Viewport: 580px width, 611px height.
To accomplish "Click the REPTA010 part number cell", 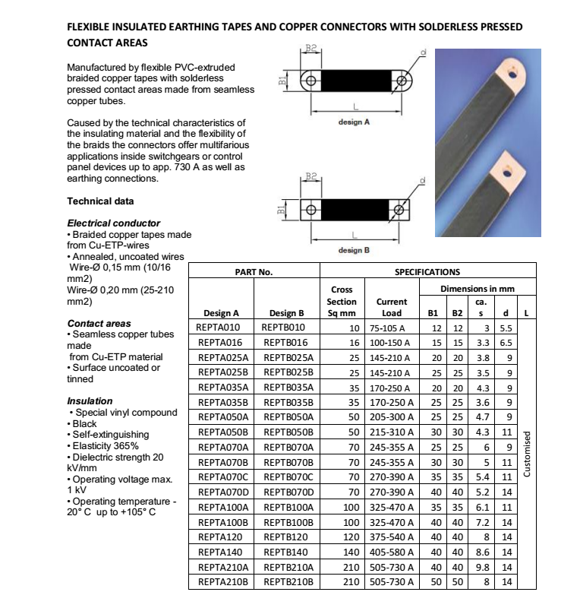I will (219, 327).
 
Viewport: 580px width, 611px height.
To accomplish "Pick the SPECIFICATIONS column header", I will (428, 271).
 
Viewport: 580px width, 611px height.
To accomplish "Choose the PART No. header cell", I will (254, 271).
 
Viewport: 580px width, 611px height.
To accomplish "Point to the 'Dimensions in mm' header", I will (478, 288).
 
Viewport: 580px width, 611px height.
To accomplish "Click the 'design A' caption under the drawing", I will (353, 121).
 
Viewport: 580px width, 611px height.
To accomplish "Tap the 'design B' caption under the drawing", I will (353, 250).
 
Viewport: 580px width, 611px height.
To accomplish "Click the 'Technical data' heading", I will (100, 201).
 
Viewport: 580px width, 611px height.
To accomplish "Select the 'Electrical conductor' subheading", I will (114, 223).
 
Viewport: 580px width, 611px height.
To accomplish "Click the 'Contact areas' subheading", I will (99, 324).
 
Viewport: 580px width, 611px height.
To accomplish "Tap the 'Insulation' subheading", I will (90, 401).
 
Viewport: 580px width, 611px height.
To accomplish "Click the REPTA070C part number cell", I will (223, 476).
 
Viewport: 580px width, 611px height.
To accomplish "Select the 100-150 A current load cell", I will (392, 343).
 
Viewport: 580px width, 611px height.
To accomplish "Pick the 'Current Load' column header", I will (392, 307).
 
